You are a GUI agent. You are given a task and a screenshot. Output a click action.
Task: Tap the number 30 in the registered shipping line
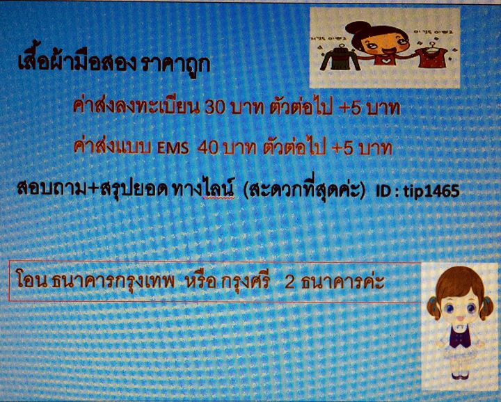[215, 108]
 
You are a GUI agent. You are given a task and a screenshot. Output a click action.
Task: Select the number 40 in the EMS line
[207, 148]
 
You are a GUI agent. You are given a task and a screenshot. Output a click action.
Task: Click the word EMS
[173, 149]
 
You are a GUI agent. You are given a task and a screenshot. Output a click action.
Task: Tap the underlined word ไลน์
[218, 189]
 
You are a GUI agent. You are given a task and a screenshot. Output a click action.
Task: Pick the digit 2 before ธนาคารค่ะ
[289, 282]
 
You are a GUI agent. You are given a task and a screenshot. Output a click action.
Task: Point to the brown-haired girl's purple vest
[460, 337]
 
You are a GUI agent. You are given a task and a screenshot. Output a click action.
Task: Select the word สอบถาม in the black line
[51, 190]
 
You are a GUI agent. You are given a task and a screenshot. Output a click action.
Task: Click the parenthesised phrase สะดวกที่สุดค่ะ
[304, 189]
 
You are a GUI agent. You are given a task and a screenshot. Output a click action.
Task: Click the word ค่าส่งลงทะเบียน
[136, 106]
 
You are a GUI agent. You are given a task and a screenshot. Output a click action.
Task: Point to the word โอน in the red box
[31, 280]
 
